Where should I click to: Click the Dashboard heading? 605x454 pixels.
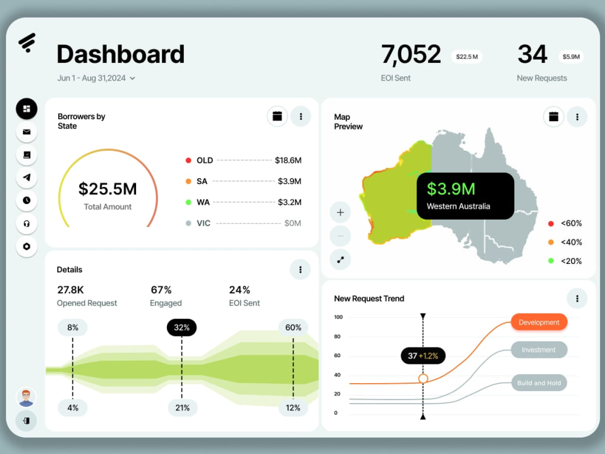pyautogui.click(x=120, y=54)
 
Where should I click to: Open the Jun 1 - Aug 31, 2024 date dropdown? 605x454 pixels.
pyautogui.click(x=96, y=78)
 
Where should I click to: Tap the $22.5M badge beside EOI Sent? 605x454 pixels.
pyautogui.click(x=467, y=57)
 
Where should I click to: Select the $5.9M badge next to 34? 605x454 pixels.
pyautogui.click(x=571, y=57)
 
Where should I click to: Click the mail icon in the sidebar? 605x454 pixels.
pyautogui.click(x=27, y=132)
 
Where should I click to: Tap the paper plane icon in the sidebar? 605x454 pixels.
pyautogui.click(x=27, y=177)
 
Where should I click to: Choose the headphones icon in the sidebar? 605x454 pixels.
pyautogui.click(x=27, y=223)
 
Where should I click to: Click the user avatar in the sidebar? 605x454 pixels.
pyautogui.click(x=26, y=398)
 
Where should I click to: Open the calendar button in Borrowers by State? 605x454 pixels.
pyautogui.click(x=278, y=116)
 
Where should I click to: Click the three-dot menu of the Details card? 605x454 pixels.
pyautogui.click(x=300, y=269)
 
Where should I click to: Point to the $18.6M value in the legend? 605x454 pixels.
pyautogui.click(x=288, y=160)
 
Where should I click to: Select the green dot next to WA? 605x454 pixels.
pyautogui.click(x=188, y=202)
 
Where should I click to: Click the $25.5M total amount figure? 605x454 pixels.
pyautogui.click(x=108, y=189)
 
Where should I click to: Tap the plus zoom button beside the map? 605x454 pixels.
pyautogui.click(x=340, y=212)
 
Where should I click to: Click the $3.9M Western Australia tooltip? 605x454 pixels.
pyautogui.click(x=465, y=196)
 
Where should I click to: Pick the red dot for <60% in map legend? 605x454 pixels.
pyautogui.click(x=551, y=223)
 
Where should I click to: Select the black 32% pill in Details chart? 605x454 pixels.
pyautogui.click(x=181, y=327)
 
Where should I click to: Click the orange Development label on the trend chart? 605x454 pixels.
pyautogui.click(x=539, y=323)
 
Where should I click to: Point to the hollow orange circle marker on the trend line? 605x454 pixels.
pyautogui.click(x=423, y=379)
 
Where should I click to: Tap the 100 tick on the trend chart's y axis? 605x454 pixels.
pyautogui.click(x=338, y=317)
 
